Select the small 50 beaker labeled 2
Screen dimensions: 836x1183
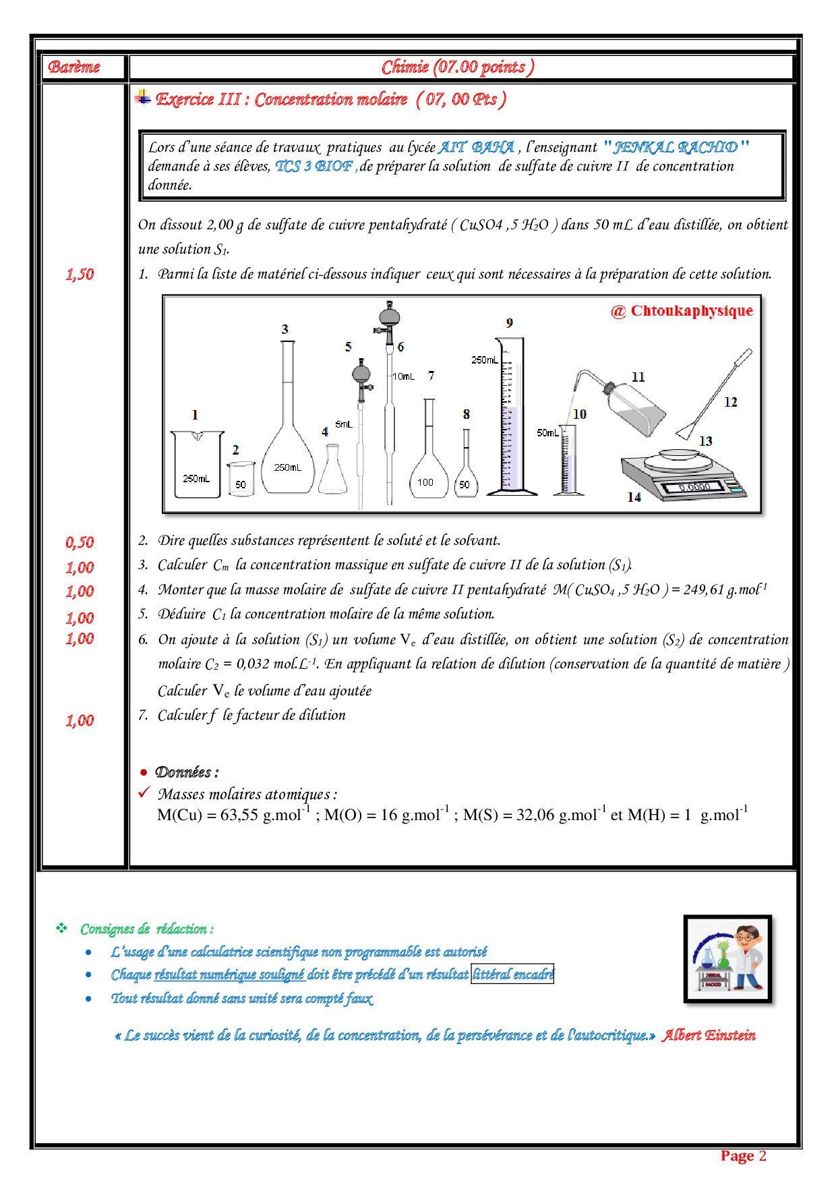click(241, 479)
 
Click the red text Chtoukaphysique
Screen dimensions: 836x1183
click(692, 311)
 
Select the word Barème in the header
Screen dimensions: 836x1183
click(74, 67)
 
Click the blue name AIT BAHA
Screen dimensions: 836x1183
click(477, 147)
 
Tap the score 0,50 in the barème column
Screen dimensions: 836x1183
click(80, 542)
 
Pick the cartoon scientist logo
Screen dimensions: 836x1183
click(727, 958)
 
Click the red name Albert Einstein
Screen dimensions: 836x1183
click(709, 1035)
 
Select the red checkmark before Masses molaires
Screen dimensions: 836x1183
click(144, 792)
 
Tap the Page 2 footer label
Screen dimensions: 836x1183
click(744, 1155)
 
